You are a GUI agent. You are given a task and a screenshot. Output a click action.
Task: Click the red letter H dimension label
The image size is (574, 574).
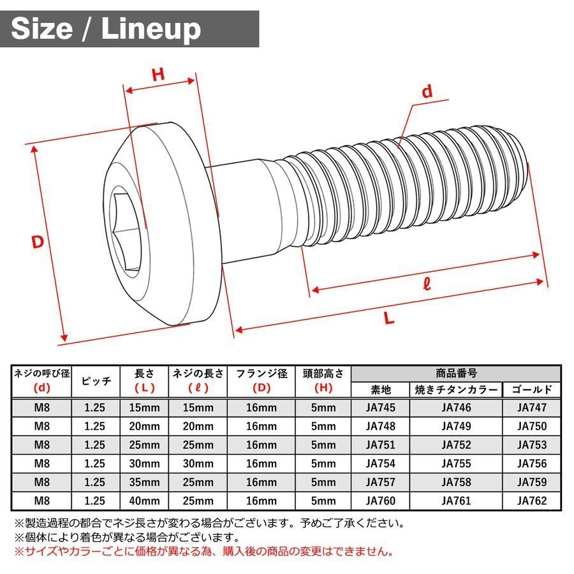158,74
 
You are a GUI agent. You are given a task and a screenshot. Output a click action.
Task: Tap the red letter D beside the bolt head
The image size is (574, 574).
39,242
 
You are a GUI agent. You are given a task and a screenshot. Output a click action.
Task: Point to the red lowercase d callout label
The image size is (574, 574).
427,92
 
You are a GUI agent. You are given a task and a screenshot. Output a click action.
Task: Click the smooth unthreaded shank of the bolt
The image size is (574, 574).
246,210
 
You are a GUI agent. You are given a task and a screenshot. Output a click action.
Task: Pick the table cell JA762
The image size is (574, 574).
532,501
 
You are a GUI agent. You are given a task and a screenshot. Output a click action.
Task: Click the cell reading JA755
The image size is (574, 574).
455,464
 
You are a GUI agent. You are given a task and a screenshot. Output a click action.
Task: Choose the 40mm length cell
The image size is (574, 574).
144,501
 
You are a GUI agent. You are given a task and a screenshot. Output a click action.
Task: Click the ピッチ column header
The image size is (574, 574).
96,381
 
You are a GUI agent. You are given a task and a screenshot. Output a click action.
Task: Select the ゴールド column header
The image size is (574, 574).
532,390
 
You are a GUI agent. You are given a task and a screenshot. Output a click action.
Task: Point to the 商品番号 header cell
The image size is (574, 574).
456,373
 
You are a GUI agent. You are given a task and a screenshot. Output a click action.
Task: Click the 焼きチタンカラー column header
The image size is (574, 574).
455,390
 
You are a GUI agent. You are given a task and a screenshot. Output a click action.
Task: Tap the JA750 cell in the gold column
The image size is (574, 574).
532,426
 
